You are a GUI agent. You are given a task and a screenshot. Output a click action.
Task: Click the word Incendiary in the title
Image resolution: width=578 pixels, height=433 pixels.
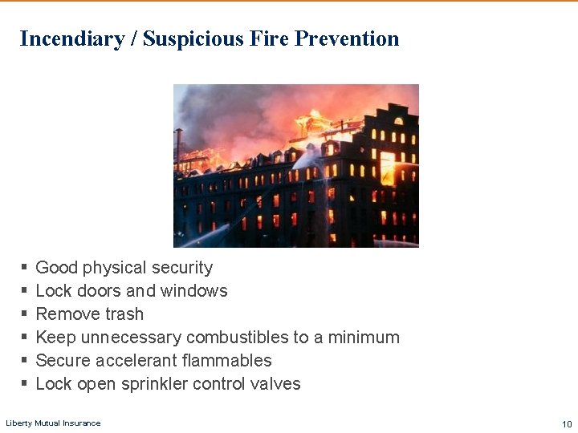[71, 38]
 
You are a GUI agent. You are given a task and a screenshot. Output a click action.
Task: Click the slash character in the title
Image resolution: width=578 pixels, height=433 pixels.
[133, 38]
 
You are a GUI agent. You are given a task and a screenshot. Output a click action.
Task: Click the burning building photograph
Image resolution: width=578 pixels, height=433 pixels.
[295, 165]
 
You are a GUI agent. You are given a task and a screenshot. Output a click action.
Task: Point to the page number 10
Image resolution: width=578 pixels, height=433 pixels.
[567, 423]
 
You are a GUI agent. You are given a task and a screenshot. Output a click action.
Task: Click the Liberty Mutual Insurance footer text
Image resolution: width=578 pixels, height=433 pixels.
[53, 423]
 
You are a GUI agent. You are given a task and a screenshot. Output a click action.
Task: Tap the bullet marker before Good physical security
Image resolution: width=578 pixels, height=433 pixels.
[25, 268]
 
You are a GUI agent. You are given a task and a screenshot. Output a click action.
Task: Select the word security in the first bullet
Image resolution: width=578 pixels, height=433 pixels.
[182, 268]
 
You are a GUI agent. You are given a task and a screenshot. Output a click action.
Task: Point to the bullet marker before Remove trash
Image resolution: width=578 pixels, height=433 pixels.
[25, 314]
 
